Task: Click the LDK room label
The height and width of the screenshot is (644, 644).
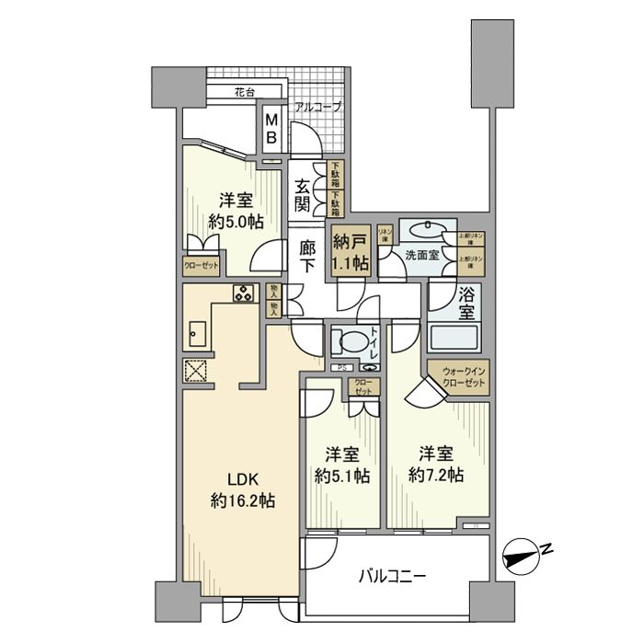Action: click(x=244, y=479)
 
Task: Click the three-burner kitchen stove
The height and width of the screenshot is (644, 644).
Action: click(x=244, y=294)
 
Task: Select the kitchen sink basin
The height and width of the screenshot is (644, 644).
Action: click(x=199, y=335)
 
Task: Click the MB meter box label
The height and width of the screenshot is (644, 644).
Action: click(x=272, y=128)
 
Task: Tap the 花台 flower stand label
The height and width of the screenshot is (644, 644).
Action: click(x=243, y=92)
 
